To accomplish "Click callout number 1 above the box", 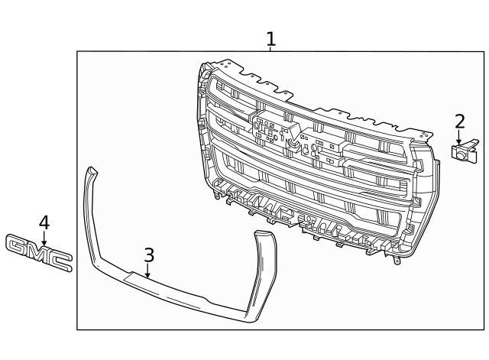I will tap(270, 37).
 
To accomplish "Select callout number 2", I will tap(459, 121).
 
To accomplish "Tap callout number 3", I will tap(148, 255).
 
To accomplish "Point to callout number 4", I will tap(44, 222).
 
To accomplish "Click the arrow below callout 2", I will tap(459, 139).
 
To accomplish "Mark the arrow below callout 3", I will tap(148, 271).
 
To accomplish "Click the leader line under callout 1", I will tap(270, 49).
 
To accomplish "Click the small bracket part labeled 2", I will tap(463, 151).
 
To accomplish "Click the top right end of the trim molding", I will tap(264, 235).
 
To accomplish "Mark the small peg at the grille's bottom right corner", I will tap(397, 261).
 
